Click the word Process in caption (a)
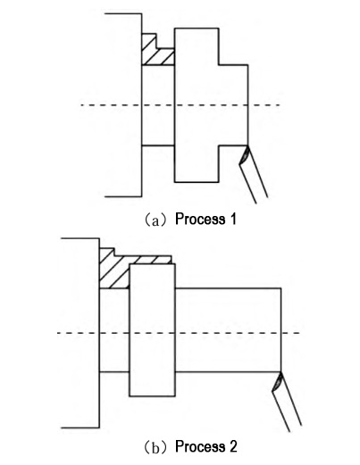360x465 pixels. click(200, 220)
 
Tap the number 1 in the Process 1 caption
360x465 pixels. click(233, 219)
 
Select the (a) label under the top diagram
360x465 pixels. click(156, 220)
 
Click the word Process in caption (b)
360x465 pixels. click(200, 446)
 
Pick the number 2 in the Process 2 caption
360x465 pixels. click(233, 446)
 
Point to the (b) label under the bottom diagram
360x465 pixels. click(156, 448)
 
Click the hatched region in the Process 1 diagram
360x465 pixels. click(157, 53)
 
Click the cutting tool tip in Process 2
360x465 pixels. click(280, 372)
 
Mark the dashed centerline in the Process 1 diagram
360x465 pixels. click(180, 105)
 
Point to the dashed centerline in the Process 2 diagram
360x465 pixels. click(178, 333)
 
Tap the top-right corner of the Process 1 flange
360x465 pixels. click(219, 29)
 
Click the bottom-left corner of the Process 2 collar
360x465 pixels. click(130, 396)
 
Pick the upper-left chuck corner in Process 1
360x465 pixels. click(142, 13)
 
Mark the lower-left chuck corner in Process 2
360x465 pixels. click(99, 428)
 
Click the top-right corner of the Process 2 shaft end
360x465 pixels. click(280, 288)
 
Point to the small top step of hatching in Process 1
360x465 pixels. click(149, 40)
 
